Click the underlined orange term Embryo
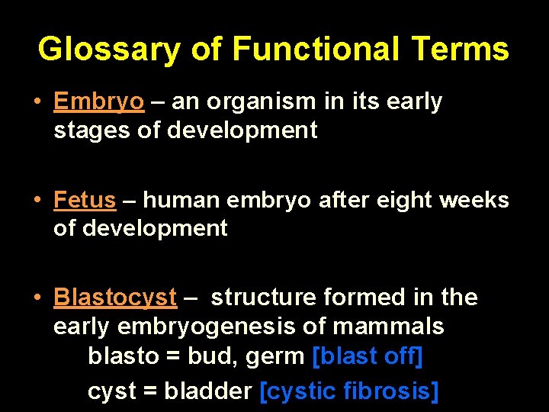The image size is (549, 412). [x=98, y=102]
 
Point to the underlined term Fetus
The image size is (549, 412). [x=85, y=200]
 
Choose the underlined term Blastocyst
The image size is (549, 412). [x=115, y=298]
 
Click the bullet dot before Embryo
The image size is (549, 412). [x=37, y=102]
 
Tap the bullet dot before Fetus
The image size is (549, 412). [x=37, y=200]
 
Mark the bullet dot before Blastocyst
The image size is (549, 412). [x=37, y=298]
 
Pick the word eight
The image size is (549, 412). [x=384, y=200]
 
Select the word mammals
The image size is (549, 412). [x=400, y=327]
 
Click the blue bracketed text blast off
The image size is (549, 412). [x=368, y=356]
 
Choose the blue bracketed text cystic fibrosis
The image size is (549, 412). [x=349, y=391]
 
